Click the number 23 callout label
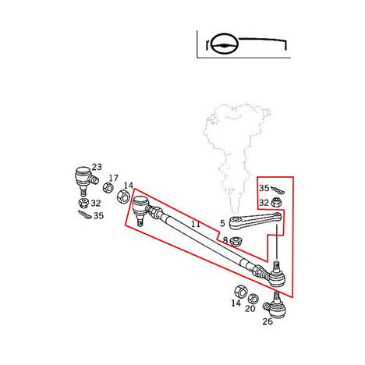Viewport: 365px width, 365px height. (x=97, y=167)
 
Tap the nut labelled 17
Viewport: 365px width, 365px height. (x=108, y=188)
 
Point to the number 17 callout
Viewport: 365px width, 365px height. (x=113, y=178)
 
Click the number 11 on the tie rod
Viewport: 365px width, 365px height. (x=196, y=224)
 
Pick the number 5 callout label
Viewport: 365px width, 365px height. (x=222, y=223)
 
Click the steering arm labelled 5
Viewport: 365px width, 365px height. (x=256, y=221)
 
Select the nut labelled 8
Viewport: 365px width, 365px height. (x=236, y=242)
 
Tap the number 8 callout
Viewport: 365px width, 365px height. (x=225, y=240)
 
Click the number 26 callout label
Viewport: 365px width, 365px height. (x=268, y=321)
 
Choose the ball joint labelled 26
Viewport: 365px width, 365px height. (x=276, y=306)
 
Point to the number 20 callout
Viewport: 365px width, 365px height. (x=250, y=309)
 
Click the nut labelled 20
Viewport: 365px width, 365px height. (x=253, y=299)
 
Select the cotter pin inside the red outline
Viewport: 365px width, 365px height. (x=278, y=190)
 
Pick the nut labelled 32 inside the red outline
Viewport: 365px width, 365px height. (x=276, y=202)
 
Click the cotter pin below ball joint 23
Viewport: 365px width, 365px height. (x=85, y=214)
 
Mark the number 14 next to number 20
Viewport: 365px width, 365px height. (x=236, y=303)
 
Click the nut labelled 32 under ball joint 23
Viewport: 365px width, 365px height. (x=83, y=203)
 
